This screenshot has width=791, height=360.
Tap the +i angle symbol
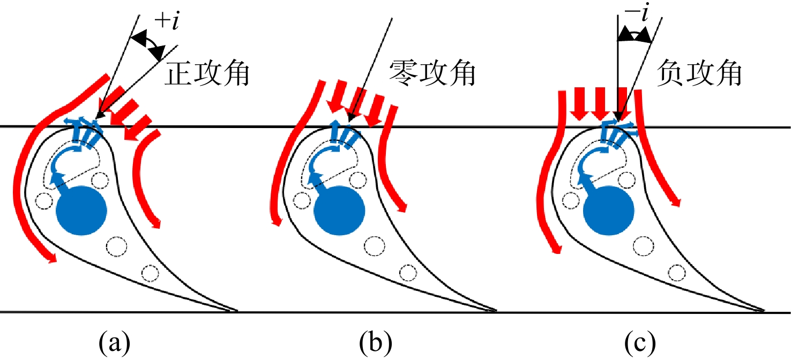(167, 20)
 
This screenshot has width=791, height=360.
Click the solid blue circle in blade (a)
(81, 211)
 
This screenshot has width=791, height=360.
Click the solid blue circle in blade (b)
(339, 211)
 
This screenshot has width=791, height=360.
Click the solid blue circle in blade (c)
(608, 211)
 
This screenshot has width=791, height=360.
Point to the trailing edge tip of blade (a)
(237, 311)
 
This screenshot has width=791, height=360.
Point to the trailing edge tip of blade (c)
(764, 311)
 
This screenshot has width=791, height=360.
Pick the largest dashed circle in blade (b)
(374, 246)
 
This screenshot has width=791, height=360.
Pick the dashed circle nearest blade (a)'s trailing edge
(150, 273)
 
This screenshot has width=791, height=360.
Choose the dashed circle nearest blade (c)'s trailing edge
(677, 273)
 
